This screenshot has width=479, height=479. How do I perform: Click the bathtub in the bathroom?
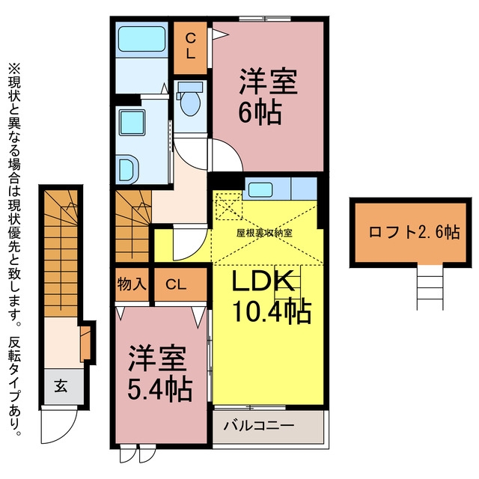click(141, 39)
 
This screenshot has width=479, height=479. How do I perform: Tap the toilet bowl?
click(190, 104)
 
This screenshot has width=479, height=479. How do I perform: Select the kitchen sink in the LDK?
click(260, 189)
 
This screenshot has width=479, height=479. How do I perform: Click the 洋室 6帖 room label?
click(268, 97)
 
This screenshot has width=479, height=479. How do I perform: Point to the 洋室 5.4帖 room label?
click(159, 373)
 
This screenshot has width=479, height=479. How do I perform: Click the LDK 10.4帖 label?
click(272, 296)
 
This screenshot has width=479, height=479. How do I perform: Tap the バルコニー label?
click(259, 425)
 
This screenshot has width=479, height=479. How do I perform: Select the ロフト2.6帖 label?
click(414, 232)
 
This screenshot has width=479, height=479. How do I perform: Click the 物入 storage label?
click(132, 284)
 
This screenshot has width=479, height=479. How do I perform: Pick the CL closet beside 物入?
click(176, 284)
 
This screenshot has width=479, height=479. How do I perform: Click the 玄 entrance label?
click(61, 386)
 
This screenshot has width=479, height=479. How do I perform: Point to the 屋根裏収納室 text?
click(264, 233)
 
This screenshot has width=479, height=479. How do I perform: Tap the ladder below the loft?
click(430, 287)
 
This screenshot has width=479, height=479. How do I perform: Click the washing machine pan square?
click(132, 122)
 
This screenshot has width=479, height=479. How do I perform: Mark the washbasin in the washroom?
click(128, 170)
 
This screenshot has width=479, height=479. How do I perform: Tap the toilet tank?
click(190, 87)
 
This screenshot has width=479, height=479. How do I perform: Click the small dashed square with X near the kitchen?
click(229, 207)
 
